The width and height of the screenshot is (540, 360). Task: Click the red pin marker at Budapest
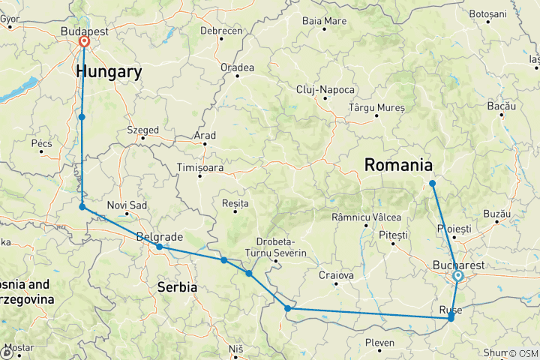83,42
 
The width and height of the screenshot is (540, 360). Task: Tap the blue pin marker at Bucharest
457,277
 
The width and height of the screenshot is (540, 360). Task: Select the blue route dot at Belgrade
159,247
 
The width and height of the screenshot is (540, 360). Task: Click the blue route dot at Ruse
451,319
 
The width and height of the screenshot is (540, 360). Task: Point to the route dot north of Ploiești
433,184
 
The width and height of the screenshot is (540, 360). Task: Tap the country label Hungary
109,72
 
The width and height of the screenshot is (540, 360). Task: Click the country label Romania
398,165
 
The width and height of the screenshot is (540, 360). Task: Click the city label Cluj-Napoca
325,89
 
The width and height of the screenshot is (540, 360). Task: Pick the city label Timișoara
200,166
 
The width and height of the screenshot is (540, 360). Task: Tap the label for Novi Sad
124,205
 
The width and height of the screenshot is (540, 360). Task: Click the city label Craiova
336,275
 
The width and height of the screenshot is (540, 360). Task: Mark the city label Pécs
41,142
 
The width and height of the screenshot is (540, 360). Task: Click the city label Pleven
379,343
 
